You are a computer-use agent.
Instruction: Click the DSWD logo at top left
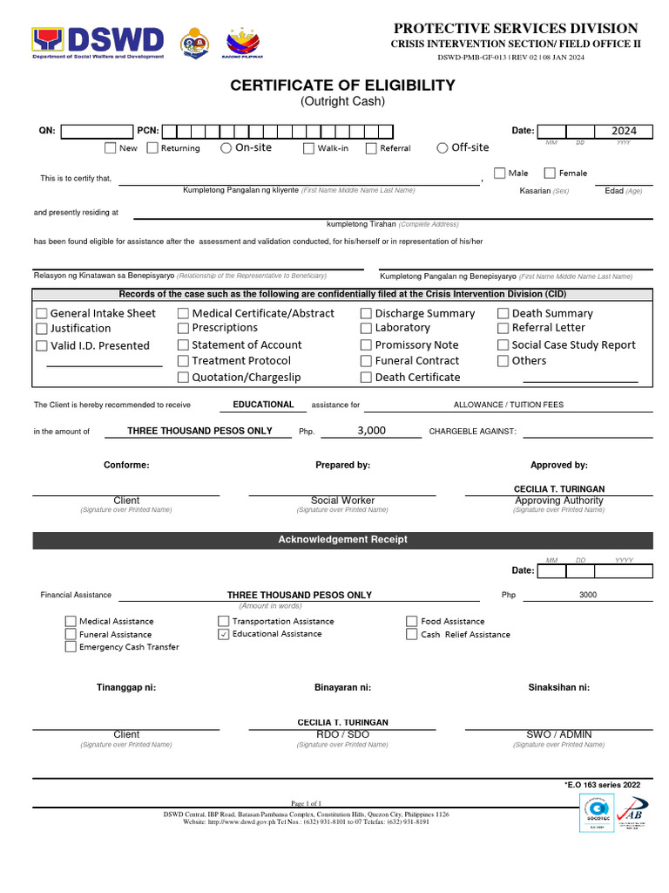tap(98, 42)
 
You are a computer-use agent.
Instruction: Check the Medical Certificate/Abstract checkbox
tap(183, 313)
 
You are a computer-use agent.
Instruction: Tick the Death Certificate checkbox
tap(366, 378)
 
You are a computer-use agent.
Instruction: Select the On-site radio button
tap(226, 148)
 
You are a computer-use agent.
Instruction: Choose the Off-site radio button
tap(443, 148)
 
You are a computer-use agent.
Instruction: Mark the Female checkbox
tap(549, 174)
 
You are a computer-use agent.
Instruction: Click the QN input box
tap(97, 131)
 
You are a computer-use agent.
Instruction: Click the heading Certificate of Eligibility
tap(342, 85)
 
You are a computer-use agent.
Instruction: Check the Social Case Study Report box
tap(503, 345)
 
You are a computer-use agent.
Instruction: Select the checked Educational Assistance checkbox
tap(224, 634)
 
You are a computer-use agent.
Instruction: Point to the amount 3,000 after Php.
tap(371, 431)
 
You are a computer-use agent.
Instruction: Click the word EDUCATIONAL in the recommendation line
tap(263, 405)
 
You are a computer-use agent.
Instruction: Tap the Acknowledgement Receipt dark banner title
tap(342, 540)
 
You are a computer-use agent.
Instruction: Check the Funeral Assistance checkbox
tap(71, 635)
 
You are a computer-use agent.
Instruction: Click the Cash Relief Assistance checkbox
tap(412, 635)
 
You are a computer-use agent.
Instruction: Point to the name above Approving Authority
tap(558, 489)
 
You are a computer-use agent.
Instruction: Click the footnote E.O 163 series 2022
tap(603, 785)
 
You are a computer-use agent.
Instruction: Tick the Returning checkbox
tap(152, 148)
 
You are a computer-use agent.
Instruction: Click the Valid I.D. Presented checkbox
tap(42, 346)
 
